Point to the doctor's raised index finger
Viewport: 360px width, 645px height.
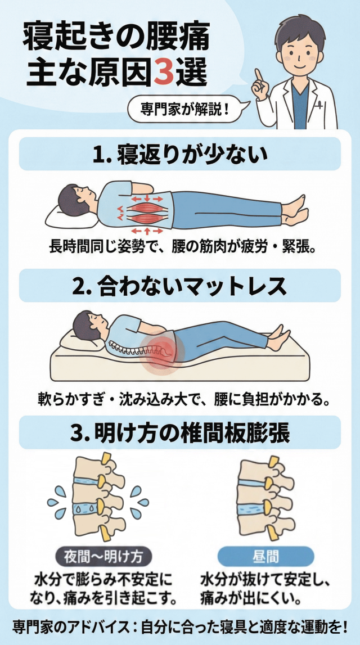pyautogui.click(x=259, y=77)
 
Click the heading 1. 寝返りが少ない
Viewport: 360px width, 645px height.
pyautogui.click(x=180, y=155)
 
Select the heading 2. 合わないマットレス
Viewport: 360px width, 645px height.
pyautogui.click(x=180, y=286)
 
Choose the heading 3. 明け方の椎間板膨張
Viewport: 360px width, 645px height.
pyautogui.click(x=180, y=433)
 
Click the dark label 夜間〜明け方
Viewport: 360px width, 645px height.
pyautogui.click(x=103, y=557)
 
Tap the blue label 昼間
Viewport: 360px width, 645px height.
pyautogui.click(x=265, y=556)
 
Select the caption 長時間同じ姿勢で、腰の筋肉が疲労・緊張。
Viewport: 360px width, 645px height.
pyautogui.click(x=180, y=249)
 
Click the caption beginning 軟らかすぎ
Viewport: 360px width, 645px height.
pyautogui.click(x=180, y=399)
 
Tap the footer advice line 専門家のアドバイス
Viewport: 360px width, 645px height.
pyautogui.click(x=180, y=628)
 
